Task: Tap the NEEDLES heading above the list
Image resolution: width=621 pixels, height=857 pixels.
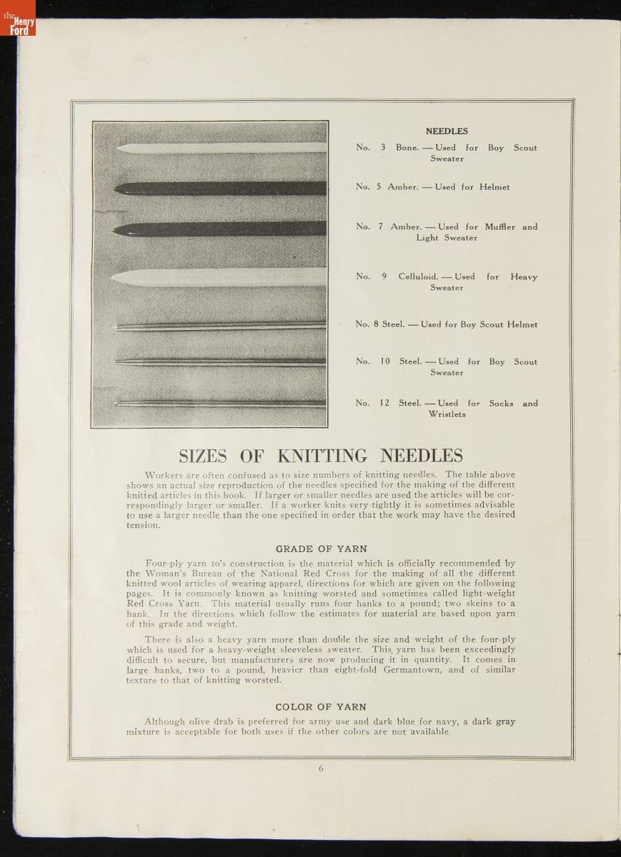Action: click(447, 131)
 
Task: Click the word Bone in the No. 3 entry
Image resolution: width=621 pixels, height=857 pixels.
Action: click(407, 148)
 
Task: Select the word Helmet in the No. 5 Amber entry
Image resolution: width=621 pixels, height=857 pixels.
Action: click(495, 187)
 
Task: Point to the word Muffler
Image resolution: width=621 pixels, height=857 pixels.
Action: click(500, 227)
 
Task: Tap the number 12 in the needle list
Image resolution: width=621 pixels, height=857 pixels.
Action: click(384, 404)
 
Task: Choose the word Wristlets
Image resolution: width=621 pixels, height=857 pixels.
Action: click(447, 414)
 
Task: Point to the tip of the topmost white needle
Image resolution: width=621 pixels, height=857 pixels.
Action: click(116, 148)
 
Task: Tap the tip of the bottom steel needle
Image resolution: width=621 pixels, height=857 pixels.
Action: click(114, 404)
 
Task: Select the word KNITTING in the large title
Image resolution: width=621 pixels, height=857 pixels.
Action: click(322, 456)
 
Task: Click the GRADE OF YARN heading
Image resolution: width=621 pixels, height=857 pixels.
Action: click(321, 549)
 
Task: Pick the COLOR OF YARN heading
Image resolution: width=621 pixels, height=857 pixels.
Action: click(321, 707)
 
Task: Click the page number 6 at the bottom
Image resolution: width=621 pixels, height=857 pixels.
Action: click(321, 768)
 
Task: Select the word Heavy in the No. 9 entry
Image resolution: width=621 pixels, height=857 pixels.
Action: click(524, 277)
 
